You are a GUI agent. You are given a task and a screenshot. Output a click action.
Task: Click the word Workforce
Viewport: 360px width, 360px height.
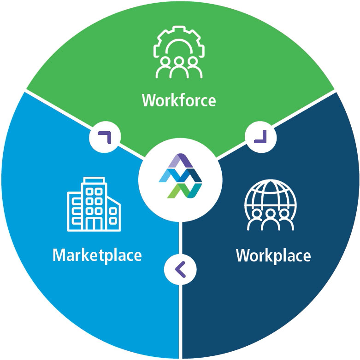point(179,100)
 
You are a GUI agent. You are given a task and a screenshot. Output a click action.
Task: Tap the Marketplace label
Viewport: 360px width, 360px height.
point(97,255)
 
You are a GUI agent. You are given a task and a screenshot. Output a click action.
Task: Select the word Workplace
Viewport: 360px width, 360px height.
point(273,255)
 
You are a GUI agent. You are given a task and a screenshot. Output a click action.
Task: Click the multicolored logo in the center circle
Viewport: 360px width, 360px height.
point(180,177)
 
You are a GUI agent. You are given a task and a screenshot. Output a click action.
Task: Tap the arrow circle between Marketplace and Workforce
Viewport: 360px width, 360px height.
point(105,136)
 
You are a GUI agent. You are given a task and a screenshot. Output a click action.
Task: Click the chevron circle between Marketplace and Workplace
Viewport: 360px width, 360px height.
point(180,269)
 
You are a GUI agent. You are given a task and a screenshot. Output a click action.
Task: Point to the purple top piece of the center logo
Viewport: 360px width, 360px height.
point(180,162)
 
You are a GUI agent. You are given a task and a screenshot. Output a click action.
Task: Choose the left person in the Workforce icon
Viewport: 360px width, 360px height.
point(163,69)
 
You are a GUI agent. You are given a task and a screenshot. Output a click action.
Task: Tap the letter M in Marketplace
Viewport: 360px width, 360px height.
point(59,255)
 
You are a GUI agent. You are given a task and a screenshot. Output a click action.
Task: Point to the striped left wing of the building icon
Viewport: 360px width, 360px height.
point(74,212)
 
